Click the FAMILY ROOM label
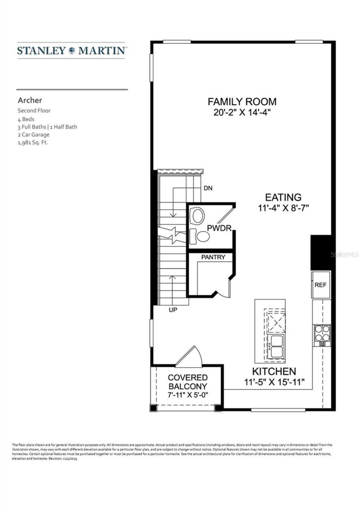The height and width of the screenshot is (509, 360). point(242,101)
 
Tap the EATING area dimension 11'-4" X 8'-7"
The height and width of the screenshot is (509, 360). point(283,208)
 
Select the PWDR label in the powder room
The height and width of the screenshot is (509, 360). point(219,228)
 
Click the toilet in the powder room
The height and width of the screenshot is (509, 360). point(200,236)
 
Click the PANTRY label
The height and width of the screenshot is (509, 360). point(213,257)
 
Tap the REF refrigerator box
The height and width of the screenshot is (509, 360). point(321,285)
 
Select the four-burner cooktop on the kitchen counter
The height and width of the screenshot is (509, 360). point(322,333)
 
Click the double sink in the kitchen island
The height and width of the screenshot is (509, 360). point(276,346)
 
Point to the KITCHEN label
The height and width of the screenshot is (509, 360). point(274,372)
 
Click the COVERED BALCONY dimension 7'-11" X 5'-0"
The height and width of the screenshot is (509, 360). point(188,395)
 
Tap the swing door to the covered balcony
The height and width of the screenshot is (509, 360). point(189,357)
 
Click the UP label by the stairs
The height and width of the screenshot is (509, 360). point(173,310)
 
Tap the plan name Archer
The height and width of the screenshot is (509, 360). point(30,100)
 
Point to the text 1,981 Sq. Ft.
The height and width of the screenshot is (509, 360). point(33,142)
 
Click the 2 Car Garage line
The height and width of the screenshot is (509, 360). point(33,135)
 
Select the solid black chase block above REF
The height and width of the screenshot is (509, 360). point(321,252)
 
